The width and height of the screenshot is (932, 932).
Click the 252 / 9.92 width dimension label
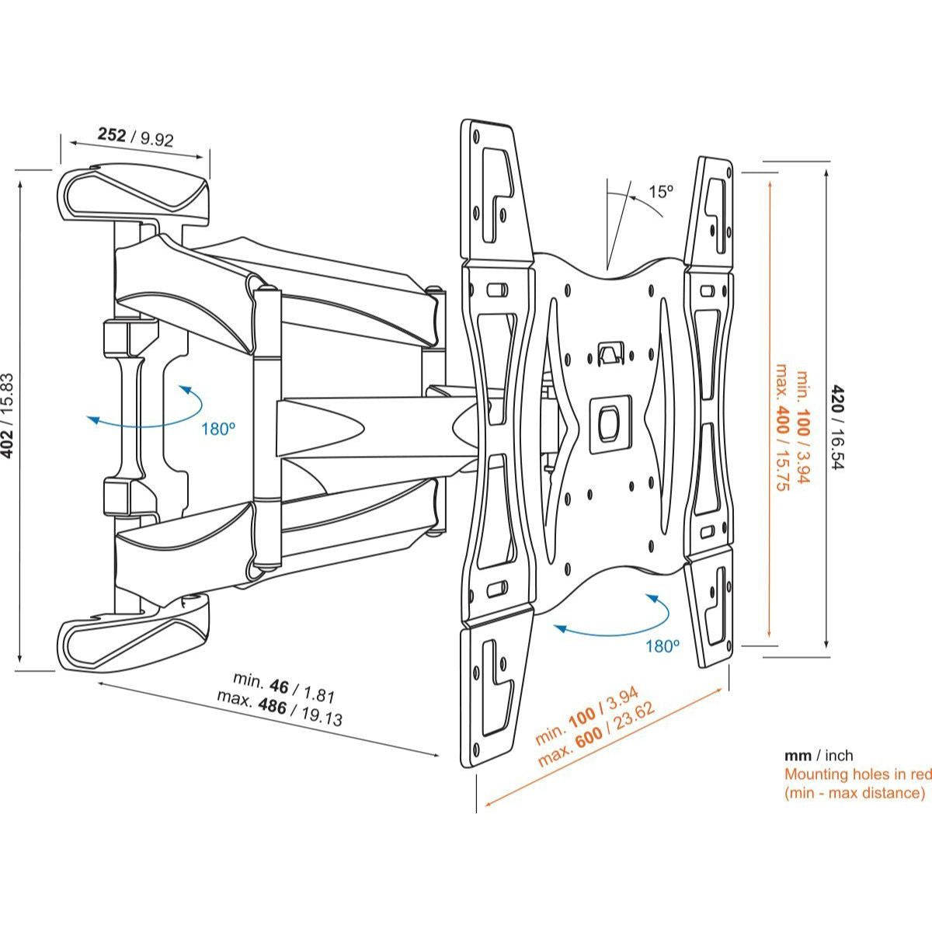pos(135,137)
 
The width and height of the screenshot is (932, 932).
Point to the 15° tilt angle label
pos(661,191)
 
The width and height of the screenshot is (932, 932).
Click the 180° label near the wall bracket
pos(217,428)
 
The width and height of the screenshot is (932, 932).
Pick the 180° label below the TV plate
pos(662,645)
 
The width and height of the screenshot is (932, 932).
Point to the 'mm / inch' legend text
pos(818,755)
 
